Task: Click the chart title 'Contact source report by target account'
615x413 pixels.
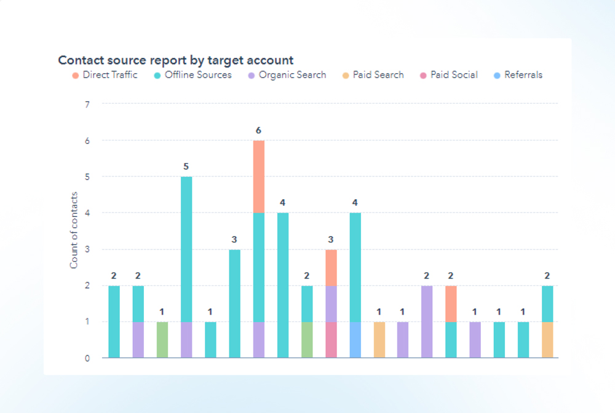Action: pos(175,60)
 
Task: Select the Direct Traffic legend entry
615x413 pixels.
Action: pos(105,75)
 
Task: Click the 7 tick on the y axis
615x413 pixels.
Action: pos(87,104)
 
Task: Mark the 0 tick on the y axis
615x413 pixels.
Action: pos(87,358)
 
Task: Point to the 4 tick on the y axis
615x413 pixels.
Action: pos(87,213)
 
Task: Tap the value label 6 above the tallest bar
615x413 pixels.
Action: pos(259,130)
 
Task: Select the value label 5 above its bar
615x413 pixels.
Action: pos(186,166)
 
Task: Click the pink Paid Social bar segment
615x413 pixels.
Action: pos(331,339)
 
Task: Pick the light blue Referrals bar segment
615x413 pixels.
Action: pos(355,339)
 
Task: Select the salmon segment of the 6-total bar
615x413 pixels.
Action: pos(259,176)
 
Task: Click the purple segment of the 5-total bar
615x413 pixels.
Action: pos(186,339)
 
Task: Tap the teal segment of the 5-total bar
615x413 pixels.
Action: pos(186,249)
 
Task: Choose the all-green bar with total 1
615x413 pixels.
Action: pos(162,339)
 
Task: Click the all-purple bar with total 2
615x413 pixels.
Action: pos(427,321)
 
